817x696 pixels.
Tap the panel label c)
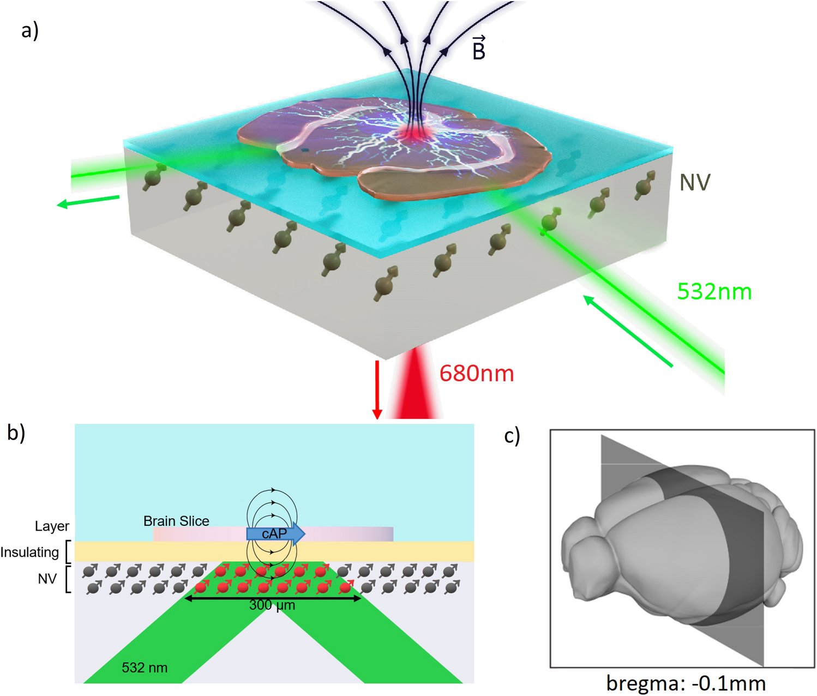click(x=512, y=436)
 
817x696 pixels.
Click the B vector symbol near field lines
click(x=478, y=48)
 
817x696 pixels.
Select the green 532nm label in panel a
click(x=714, y=292)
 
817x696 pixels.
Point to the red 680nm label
click(x=477, y=374)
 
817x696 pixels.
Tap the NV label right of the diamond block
click(x=695, y=183)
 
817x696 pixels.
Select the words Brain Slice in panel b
click(x=176, y=521)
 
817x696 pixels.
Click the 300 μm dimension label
click(x=272, y=605)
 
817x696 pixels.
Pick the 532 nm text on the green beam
click(x=145, y=668)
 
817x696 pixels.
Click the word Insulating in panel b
click(x=29, y=552)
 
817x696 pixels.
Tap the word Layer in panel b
click(x=52, y=526)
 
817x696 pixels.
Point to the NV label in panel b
click(x=47, y=579)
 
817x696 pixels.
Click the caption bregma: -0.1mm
click(x=686, y=683)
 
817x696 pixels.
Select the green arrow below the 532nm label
click(x=627, y=330)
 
